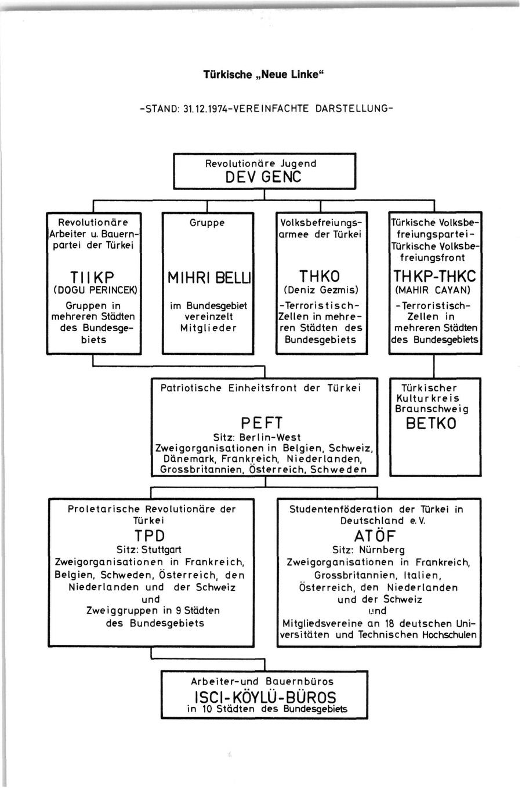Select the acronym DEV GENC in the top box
264,176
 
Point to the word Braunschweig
432,409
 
